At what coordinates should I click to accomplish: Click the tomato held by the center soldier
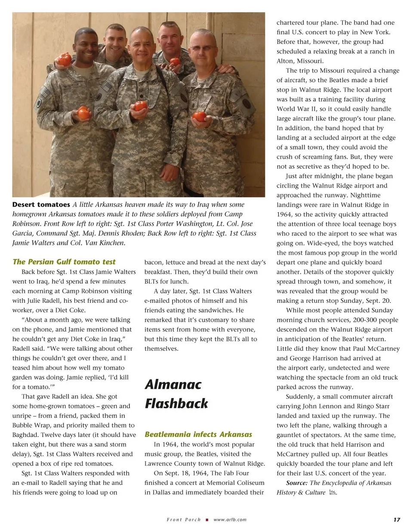pos(140,105)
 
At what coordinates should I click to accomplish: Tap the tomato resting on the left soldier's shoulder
pos(65,59)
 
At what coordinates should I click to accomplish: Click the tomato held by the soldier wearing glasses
pos(199,116)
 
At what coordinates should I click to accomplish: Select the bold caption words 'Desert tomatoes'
pos(41,205)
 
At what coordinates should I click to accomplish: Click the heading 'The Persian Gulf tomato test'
pos(64,262)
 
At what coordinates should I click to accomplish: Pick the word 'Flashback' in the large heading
pos(176,404)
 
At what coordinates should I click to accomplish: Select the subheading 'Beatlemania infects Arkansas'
pos(198,434)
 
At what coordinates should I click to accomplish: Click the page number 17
pos(397,520)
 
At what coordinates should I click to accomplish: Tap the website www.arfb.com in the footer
pos(230,520)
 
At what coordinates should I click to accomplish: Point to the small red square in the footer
pos(207,520)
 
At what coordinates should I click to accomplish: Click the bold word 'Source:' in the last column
pos(297,483)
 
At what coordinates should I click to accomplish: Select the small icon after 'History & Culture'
pos(333,493)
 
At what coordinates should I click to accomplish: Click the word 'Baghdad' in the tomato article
pos(27,435)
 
